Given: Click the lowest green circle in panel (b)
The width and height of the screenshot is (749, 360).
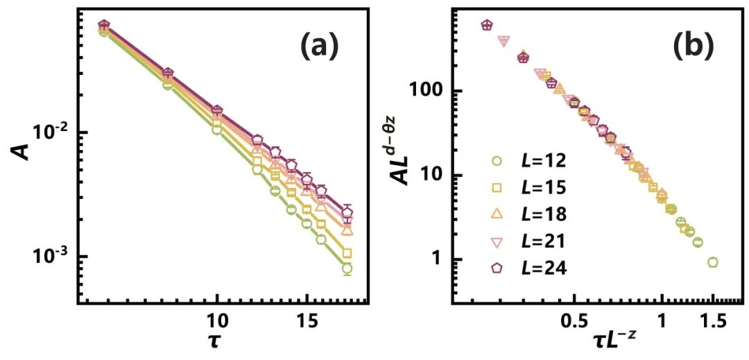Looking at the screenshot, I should pyautogui.click(x=712, y=262).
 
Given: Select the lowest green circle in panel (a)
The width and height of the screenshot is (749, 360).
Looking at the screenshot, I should pyautogui.click(x=347, y=268).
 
